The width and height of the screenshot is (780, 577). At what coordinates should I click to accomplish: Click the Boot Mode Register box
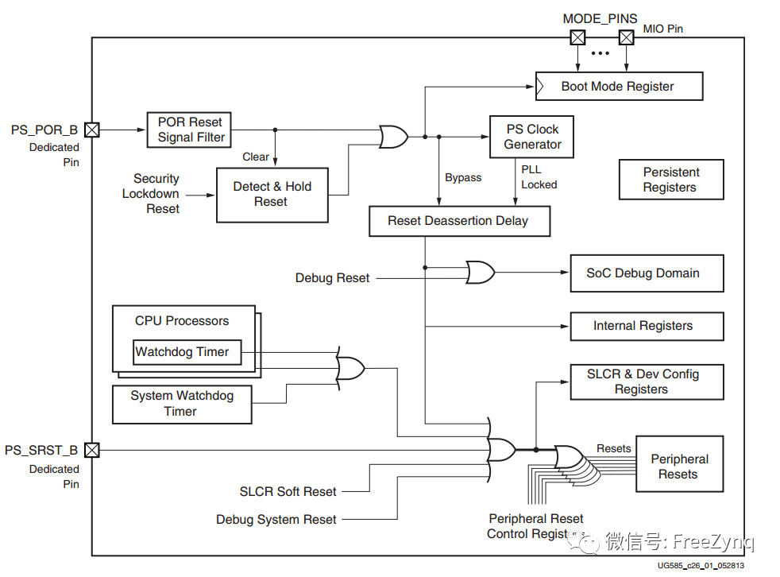[x=619, y=87]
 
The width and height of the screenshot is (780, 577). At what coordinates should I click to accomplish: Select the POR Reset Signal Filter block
[x=191, y=129]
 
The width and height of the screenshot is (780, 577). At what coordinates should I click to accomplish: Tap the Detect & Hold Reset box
[x=272, y=194]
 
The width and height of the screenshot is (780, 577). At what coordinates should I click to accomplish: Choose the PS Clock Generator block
[x=531, y=137]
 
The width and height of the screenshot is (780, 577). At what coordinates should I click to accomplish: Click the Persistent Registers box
[x=670, y=180]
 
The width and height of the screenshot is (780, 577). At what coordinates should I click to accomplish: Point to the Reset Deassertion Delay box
[x=458, y=220]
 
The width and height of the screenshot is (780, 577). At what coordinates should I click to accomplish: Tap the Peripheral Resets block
[x=678, y=467]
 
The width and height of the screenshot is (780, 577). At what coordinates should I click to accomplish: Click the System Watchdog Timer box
[x=181, y=404]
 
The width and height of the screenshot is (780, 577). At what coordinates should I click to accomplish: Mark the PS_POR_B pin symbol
[x=92, y=129]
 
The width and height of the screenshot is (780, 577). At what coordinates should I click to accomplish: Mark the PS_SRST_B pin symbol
[x=92, y=451]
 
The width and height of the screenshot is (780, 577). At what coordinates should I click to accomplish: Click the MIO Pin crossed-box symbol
[x=627, y=37]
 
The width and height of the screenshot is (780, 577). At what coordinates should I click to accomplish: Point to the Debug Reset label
[x=332, y=278]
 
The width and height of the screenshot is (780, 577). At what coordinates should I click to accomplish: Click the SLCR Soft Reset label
[x=288, y=492]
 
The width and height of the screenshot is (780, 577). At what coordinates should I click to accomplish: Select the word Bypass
[x=463, y=177]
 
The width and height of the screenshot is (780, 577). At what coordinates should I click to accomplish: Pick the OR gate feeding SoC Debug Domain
[x=480, y=273]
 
